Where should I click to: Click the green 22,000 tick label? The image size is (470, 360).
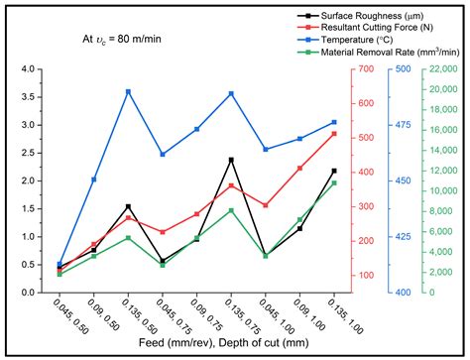pyautogui.click(x=444, y=69)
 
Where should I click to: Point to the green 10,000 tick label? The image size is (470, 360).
pyautogui.click(x=444, y=191)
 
